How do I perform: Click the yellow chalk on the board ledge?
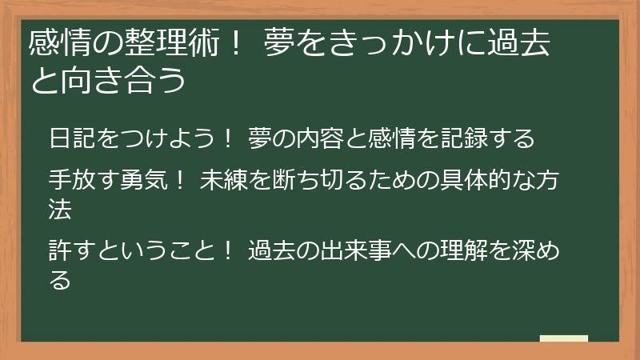564,338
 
